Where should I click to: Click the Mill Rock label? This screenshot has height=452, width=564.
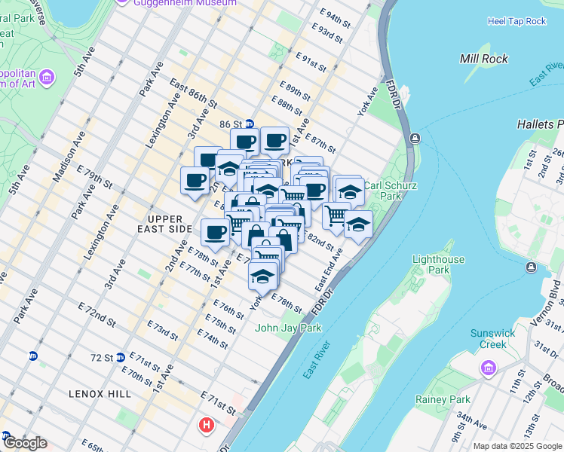point(483,59)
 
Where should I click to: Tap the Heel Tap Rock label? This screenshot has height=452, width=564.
point(516,21)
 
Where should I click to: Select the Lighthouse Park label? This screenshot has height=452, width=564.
point(439,265)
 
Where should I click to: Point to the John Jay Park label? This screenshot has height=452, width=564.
point(288,328)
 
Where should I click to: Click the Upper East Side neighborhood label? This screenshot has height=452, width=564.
point(165,223)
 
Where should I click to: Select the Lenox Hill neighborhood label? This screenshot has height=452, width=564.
point(100,394)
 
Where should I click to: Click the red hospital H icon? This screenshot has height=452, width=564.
point(206,426)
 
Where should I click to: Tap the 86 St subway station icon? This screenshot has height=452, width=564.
point(250,124)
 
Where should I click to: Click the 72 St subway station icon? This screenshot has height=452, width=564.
point(120,357)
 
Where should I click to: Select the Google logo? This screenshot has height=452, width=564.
point(24,443)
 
